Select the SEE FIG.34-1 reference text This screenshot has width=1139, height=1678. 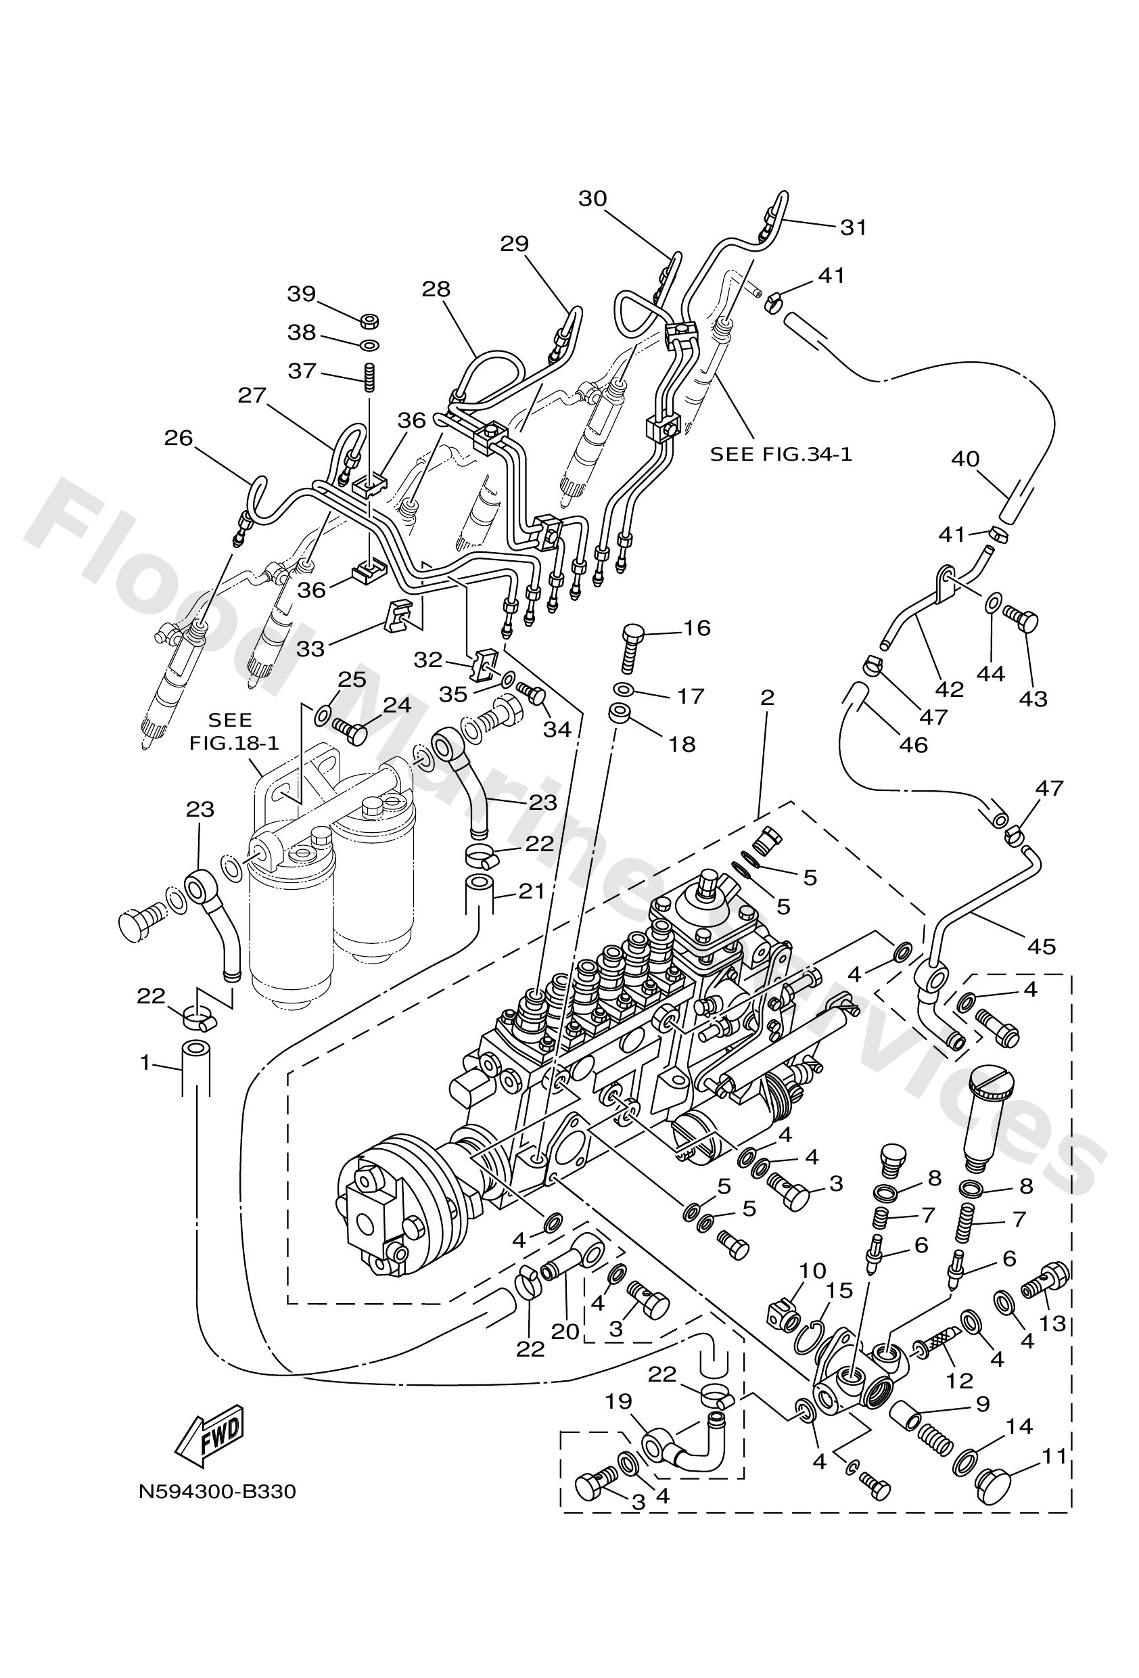781,454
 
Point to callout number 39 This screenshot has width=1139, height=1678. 302,294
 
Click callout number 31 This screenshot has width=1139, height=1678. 853,227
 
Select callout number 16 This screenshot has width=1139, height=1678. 697,627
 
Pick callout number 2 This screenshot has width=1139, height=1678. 766,697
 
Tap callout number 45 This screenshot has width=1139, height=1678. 1041,945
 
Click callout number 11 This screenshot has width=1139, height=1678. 1054,1456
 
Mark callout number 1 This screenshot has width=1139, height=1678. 145,1062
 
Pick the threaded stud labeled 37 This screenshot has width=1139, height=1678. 369,376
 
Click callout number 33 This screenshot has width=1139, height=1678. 311,648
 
